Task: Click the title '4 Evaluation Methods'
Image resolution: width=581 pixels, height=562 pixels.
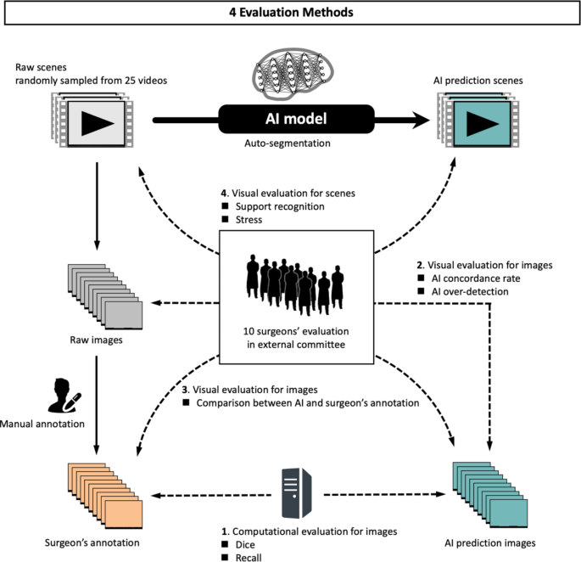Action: click(x=289, y=13)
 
